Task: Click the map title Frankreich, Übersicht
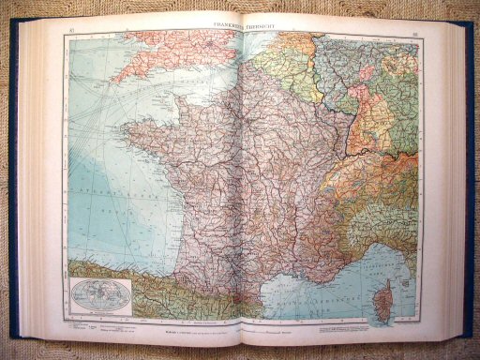242,27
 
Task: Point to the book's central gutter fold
241,187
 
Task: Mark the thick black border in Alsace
348,131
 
